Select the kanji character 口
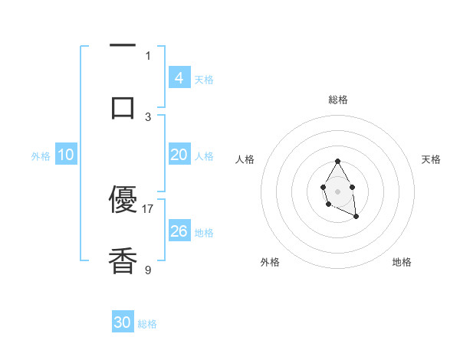123,106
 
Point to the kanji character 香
123,261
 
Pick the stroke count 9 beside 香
148,269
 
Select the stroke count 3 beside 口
148,116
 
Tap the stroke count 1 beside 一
148,55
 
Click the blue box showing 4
179,77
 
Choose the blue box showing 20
179,155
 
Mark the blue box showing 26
179,231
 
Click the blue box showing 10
66,155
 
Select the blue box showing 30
123,322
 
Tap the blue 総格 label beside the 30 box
147,324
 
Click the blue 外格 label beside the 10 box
41,156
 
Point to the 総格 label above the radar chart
337,100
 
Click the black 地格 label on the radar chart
402,263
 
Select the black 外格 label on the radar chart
270,263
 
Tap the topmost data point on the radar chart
337,161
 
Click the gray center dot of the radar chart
337,191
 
